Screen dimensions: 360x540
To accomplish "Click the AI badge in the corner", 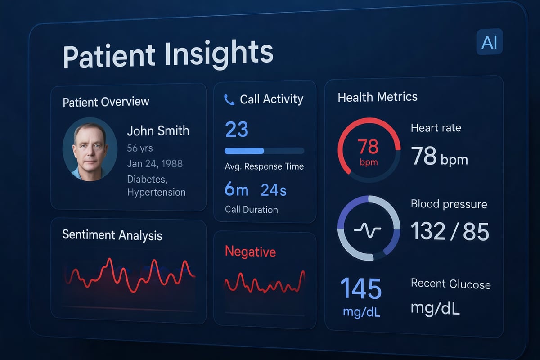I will [x=489, y=43].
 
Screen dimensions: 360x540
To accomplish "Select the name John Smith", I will [x=158, y=131].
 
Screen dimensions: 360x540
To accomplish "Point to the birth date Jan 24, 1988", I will [x=155, y=163].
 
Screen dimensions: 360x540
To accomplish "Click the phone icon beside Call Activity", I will [x=229, y=100].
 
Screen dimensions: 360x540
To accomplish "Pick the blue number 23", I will [x=236, y=130].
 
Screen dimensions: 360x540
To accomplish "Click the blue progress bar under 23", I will [x=244, y=151].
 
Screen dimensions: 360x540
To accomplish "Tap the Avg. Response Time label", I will [x=264, y=166].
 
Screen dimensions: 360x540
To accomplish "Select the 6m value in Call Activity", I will [x=236, y=190].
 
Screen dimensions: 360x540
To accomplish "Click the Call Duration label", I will [x=251, y=210].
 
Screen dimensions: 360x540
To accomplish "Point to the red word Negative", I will [x=250, y=252].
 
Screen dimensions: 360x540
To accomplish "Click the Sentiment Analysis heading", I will [x=112, y=235].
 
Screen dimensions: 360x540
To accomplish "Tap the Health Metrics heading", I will [x=378, y=97].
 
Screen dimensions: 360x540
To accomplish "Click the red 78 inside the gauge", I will [x=369, y=147].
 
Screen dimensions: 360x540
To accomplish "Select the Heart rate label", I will [x=436, y=128].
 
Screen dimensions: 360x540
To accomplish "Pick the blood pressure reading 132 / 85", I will [x=450, y=231].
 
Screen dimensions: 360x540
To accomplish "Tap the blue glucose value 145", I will [x=361, y=288].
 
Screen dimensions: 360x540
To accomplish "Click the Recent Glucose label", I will [x=450, y=284].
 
